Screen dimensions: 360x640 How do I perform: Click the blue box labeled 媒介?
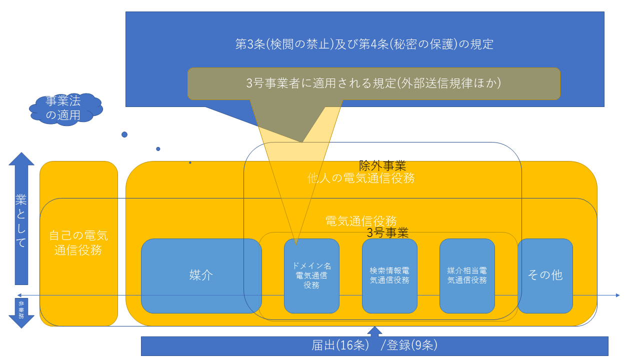201,275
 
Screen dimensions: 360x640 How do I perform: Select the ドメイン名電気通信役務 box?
311,275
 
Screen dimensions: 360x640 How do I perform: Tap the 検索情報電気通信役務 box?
389,275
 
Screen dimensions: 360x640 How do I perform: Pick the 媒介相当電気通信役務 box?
467,275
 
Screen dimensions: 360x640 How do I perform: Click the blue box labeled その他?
545,275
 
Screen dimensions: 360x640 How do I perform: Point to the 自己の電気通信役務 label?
78,243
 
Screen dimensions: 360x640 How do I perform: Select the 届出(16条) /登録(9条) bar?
374,345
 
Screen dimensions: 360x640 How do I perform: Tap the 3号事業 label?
387,232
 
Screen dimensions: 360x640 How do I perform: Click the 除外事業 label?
382,165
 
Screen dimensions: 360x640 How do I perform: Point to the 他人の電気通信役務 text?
361,178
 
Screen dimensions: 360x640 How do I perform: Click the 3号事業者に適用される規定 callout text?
373,83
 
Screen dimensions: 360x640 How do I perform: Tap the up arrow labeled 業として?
21,220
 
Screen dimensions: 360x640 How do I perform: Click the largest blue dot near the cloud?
124,134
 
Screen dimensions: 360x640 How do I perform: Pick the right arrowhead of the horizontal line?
617,295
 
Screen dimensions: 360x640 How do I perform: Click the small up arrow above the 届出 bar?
374,331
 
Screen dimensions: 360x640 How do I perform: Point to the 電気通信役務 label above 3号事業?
361,220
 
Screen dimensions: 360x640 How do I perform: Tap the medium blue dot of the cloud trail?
158,149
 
